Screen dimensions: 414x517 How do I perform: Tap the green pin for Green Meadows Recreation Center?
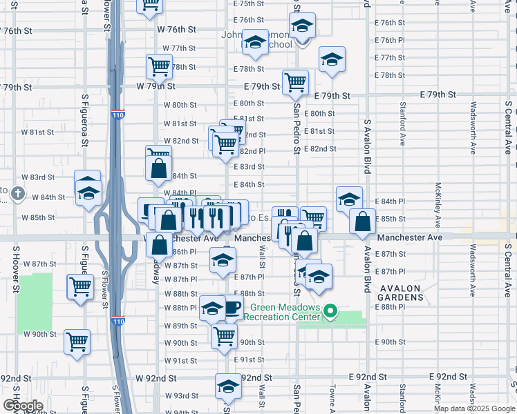click(330, 312)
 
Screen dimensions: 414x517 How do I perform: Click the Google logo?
click(23, 405)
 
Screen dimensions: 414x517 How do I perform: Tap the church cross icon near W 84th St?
click(18, 195)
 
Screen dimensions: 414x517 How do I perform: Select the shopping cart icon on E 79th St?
click(296, 81)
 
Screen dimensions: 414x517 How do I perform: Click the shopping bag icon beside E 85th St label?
click(363, 221)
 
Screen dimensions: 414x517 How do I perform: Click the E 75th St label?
click(249, 3)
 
